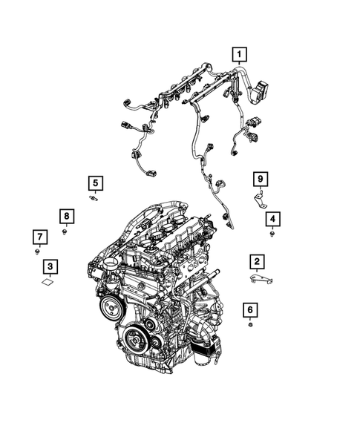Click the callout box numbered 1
[x=239, y=53]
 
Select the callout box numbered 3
[x=50, y=266]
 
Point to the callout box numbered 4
[x=273, y=218]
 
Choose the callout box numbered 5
[x=95, y=182]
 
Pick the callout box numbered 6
[x=250, y=310]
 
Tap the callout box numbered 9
[x=260, y=179]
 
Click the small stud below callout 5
[x=96, y=198]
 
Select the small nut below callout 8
[x=65, y=232]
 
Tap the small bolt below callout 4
[x=273, y=234]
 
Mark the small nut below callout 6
[x=250, y=325]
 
